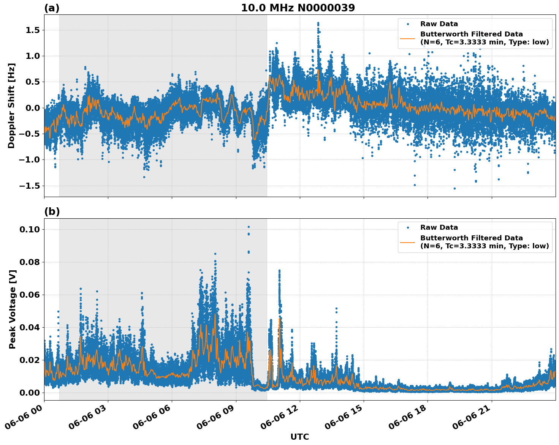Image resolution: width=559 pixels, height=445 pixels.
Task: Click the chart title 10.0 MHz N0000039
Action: (298, 8)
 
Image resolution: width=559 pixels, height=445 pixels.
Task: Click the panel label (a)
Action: (52, 8)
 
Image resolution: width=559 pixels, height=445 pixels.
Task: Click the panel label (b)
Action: (52, 211)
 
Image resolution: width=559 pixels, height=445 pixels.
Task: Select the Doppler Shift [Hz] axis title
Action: (11, 106)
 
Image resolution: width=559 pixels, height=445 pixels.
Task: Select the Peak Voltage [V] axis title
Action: (13, 309)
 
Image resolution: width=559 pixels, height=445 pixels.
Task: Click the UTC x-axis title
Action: (299, 437)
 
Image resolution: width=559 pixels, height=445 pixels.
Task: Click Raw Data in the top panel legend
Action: (439, 24)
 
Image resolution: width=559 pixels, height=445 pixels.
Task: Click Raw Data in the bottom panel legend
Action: (439, 227)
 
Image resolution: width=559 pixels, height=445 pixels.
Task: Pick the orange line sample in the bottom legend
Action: (408, 242)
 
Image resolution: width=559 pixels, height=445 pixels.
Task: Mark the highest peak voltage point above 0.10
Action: (249, 227)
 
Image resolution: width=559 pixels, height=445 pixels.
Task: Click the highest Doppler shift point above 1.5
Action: (318, 23)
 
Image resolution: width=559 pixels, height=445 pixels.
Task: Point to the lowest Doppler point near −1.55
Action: (454, 188)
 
